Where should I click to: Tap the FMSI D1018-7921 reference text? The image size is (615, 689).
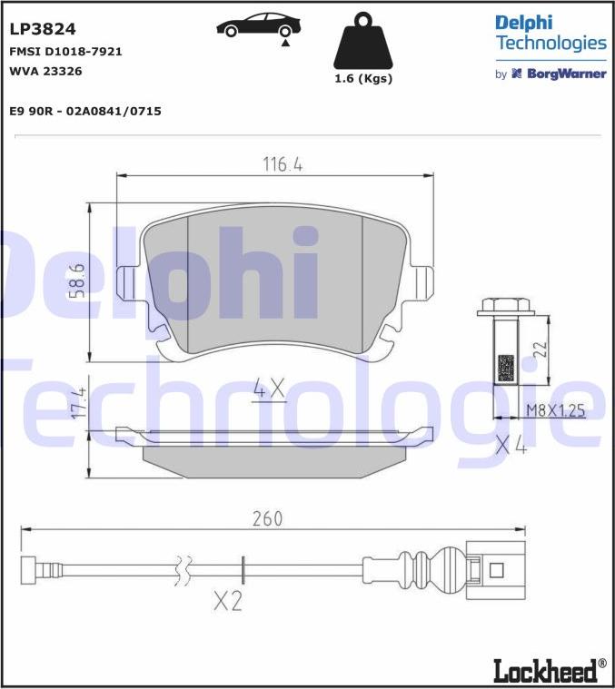point(65,52)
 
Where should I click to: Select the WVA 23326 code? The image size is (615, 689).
point(45,70)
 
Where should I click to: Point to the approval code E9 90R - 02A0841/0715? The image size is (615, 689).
point(85,111)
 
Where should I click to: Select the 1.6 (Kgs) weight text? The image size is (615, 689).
point(363,79)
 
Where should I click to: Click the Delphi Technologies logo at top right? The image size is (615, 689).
point(551,33)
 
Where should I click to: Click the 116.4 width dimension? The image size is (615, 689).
point(283,164)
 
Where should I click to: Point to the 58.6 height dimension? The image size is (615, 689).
point(78,281)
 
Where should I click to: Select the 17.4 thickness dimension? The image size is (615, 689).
point(78,403)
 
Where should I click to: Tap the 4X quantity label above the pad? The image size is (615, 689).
point(269,390)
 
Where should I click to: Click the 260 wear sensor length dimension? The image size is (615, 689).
point(266,518)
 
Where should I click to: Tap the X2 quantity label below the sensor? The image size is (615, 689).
point(228,600)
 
